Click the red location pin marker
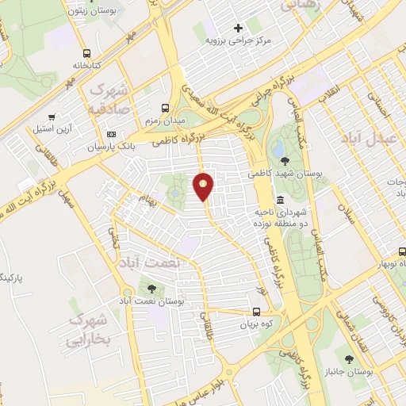(x=204, y=187)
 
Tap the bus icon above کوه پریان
(x=255, y=312)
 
